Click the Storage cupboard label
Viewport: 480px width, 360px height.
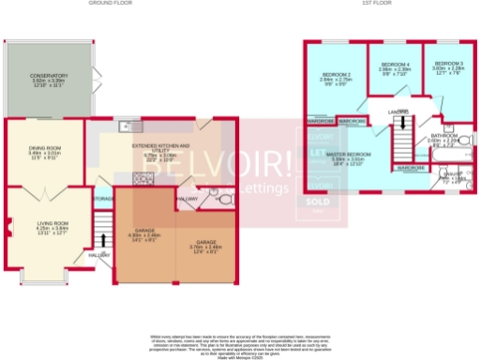[x=103, y=199]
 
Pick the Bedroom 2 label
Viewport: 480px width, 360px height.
[x=336, y=74]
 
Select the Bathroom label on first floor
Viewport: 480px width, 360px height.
[x=443, y=136]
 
